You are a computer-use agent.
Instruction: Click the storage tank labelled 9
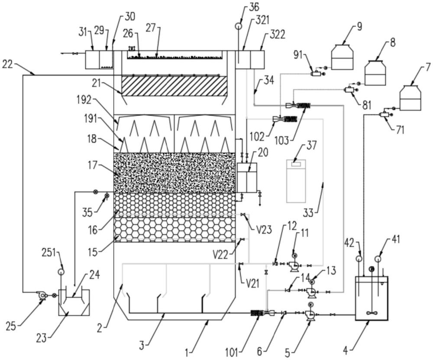coord(343,57)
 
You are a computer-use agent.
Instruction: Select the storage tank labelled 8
coord(375,73)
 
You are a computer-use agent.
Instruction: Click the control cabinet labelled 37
coord(296,181)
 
